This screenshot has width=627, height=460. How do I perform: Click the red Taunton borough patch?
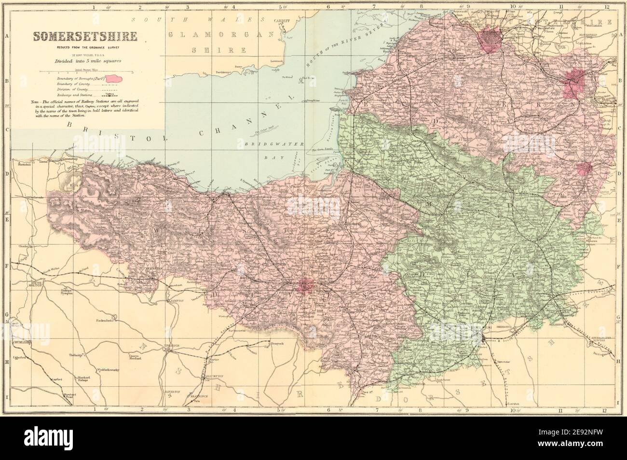click(x=309, y=285)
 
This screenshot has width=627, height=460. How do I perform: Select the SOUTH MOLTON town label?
click(x=37, y=284)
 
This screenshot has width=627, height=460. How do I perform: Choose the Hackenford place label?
click(x=107, y=320)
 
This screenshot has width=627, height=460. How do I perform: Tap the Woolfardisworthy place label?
click(x=112, y=369)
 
